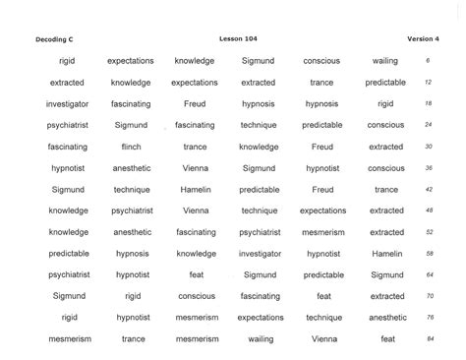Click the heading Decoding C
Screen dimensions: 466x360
pos(56,38)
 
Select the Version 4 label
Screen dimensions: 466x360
pos(422,38)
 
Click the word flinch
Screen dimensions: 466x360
pos(131,147)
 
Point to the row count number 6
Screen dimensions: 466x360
pos(428,61)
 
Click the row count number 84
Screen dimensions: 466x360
pos(430,339)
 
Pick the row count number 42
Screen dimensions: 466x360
pos(430,189)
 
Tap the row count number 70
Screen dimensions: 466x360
pos(430,296)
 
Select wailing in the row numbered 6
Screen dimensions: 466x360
pos(385,61)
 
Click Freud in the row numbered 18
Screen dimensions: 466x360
pos(195,103)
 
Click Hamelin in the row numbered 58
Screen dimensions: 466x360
pos(386,253)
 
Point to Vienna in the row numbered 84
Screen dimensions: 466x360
pos(323,339)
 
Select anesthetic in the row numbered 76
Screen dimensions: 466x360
pos(387,318)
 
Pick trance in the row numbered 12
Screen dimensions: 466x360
pos(321,83)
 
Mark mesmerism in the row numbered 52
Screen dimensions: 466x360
pos(323,232)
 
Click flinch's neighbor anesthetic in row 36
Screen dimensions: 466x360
pos(131,168)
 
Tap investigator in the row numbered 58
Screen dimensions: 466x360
pos(260,253)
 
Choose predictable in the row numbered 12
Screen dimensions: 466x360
pos(385,83)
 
